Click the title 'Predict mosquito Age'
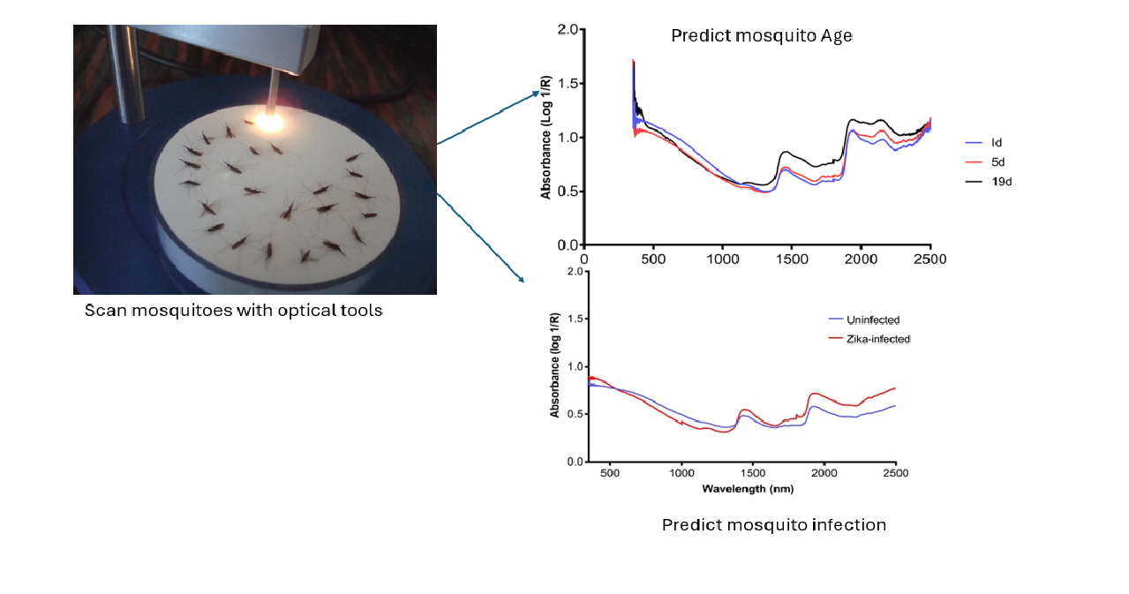[761, 36]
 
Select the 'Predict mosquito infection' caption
[773, 525]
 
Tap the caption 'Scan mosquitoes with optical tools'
[233, 311]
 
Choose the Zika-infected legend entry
[871, 339]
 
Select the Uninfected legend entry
[865, 320]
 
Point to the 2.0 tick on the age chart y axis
[568, 30]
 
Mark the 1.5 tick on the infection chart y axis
[573, 319]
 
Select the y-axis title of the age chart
[547, 137]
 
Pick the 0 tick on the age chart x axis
[584, 259]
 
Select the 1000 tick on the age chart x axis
[722, 259]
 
